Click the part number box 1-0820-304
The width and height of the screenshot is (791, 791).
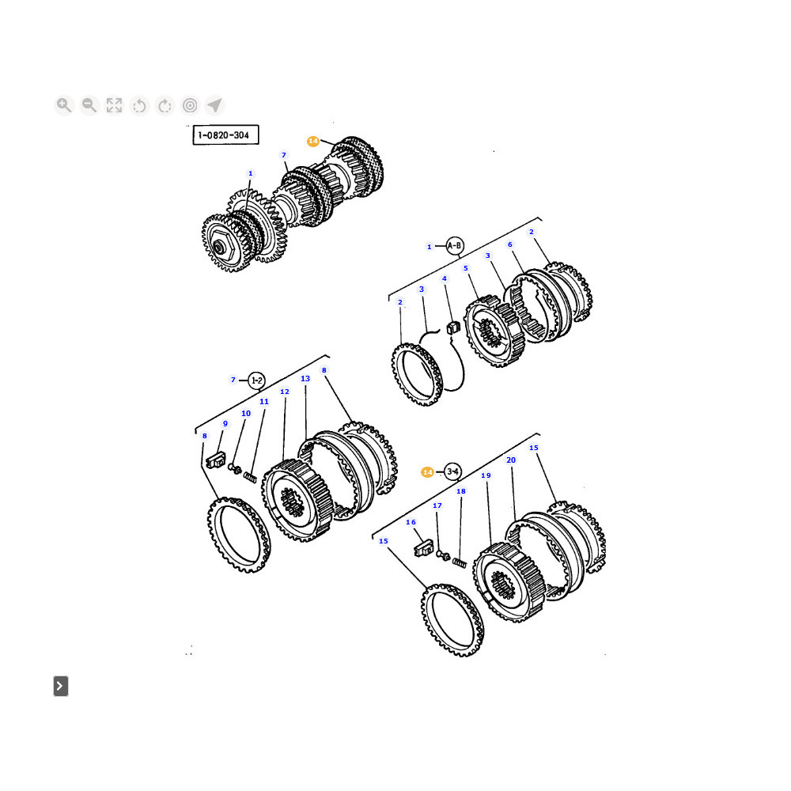[225, 134]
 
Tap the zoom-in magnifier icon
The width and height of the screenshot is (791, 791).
[64, 105]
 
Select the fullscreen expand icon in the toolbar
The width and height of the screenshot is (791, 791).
[114, 105]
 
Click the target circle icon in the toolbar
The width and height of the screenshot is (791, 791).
[190, 105]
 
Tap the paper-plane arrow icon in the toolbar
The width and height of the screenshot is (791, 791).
[215, 105]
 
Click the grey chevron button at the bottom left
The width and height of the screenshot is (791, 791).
[61, 686]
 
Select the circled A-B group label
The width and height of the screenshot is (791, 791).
[454, 246]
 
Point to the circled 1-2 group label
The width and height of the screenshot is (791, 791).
[257, 380]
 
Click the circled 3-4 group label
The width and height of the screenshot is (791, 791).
[452, 471]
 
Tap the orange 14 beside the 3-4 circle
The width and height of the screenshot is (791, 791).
[427, 472]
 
